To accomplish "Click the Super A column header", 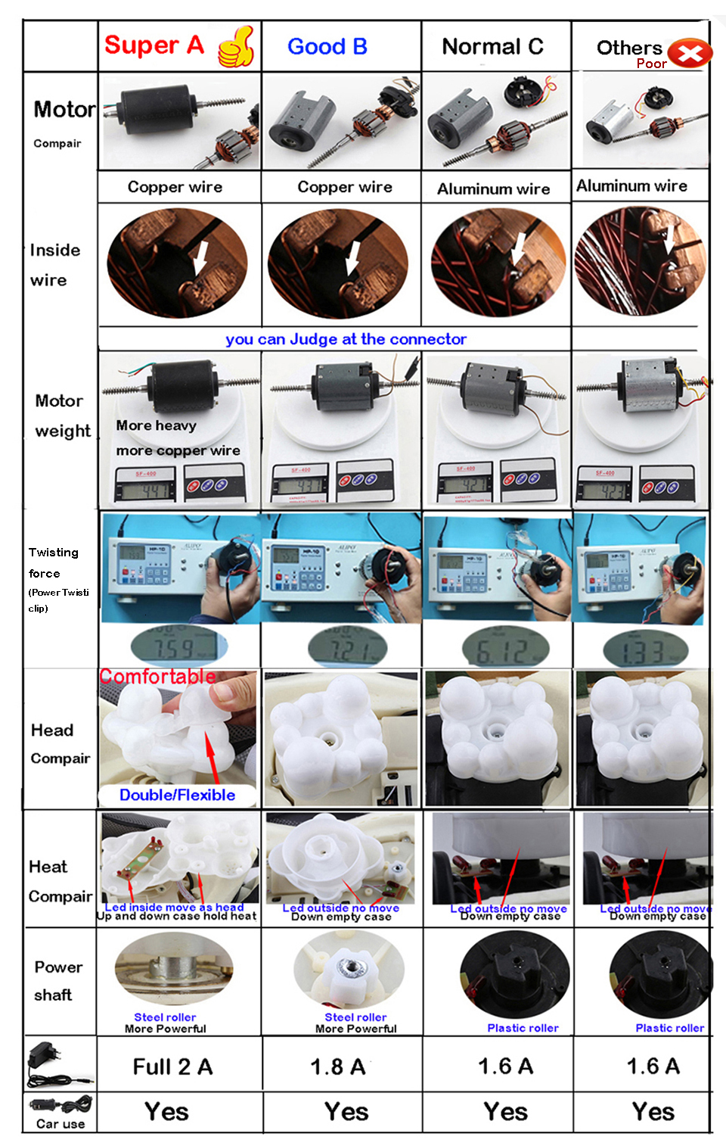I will coord(154,45).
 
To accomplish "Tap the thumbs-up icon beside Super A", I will coord(236,47).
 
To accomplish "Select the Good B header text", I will coord(327,47).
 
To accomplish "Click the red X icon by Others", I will coord(690,54).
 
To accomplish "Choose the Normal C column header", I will coord(492,47).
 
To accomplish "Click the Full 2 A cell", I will coord(172,1067).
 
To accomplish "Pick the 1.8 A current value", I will coord(338,1067).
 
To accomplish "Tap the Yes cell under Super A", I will coord(166,1112).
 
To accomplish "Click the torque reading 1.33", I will coord(644,650).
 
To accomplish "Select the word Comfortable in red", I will coord(157,676).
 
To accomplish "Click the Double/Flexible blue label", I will coord(177,795).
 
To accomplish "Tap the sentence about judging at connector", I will coord(346,339).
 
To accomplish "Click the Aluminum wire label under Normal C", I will coord(493,189).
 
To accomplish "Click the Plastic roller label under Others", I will coord(669,1028).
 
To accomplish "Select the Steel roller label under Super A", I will coord(165,1017).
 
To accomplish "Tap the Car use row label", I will coord(60,1124).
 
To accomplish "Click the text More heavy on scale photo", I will coord(156,425).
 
